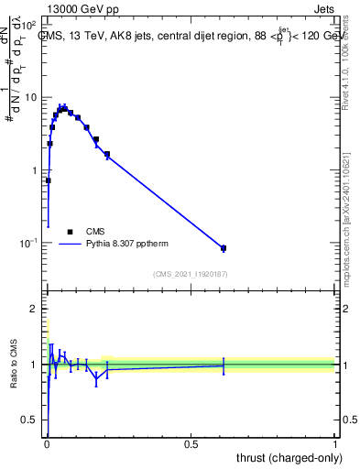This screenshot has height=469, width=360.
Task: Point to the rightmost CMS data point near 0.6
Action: [224, 248]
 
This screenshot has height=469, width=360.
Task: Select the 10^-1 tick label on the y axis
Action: [30, 243]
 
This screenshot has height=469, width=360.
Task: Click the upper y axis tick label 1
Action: [36, 170]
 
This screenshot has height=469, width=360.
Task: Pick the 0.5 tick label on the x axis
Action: [191, 443]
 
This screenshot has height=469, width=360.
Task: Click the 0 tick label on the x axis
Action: [47, 443]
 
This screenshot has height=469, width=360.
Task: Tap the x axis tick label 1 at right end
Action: [335, 443]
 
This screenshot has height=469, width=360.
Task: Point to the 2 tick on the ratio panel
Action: [36, 309]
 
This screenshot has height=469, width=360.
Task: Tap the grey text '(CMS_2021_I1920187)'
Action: [190, 274]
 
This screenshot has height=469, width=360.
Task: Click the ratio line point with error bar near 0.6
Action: [224, 365]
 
